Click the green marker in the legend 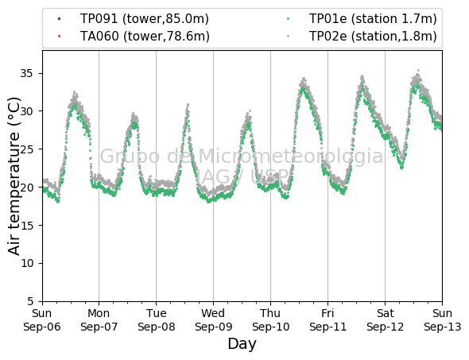click(288, 19)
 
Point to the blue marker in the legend click(59, 19)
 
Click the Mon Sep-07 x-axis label click(99, 320)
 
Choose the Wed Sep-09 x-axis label click(213, 320)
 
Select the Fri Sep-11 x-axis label click(328, 320)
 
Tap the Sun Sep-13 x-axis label click(443, 320)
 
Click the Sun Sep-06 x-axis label click(42, 320)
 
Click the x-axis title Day click(242, 344)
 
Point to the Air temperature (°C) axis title click(14, 176)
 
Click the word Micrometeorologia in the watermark click(290, 156)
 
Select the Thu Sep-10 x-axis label click(271, 320)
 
